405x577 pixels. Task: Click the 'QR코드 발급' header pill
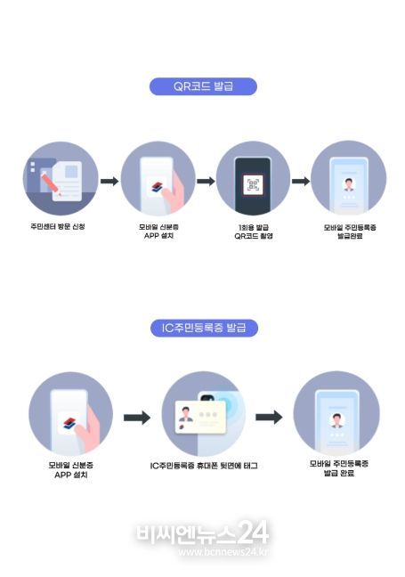[203, 86]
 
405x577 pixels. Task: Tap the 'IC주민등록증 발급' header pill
[204, 328]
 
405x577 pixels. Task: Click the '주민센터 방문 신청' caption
[58, 227]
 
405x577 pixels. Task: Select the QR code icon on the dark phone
[253, 184]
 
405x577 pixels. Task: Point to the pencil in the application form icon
[51, 183]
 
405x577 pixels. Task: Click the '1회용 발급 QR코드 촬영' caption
[254, 232]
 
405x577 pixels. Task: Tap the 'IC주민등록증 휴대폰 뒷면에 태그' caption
[204, 466]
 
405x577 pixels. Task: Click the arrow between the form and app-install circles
[109, 181]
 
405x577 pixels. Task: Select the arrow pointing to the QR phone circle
[206, 181]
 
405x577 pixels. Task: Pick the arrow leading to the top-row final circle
[301, 181]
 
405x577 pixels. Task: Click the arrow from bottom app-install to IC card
[137, 418]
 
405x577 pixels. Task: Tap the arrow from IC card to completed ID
[269, 418]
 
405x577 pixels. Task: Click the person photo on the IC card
[185, 414]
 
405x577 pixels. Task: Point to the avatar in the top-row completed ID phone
[348, 184]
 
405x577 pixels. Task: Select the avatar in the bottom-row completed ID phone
[336, 420]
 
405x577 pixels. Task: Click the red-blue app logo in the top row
[158, 187]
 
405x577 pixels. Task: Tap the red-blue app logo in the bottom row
[69, 423]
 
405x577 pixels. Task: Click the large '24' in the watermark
[253, 532]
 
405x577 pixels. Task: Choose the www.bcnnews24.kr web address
[223, 552]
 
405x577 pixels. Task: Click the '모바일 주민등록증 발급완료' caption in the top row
[350, 232]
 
